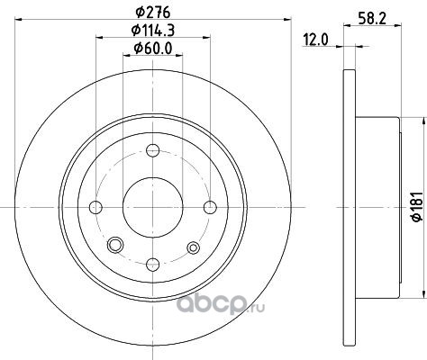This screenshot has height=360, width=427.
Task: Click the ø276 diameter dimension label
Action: [x=153, y=13]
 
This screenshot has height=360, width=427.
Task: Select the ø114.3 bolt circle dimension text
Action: [x=153, y=31]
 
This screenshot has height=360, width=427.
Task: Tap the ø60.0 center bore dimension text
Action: [x=153, y=49]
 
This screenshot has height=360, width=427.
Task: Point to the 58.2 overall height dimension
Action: [x=372, y=19]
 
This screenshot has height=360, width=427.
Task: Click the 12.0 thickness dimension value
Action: [x=316, y=40]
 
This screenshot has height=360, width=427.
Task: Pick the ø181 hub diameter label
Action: [x=417, y=207]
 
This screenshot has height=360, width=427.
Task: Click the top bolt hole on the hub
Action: [x=153, y=150]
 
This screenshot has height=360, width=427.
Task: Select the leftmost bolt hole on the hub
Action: [x=95, y=207]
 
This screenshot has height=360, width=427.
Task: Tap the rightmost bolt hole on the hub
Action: [x=210, y=207]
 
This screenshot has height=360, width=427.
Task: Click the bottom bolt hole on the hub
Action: [x=153, y=265]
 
